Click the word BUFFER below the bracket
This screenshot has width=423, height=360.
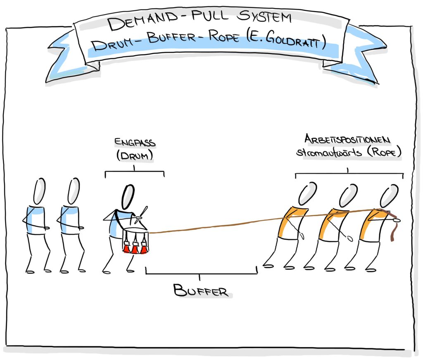(201, 290)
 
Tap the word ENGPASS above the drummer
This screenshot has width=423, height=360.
(135, 143)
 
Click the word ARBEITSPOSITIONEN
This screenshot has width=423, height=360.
(347, 140)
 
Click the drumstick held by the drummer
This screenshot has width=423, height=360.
(142, 212)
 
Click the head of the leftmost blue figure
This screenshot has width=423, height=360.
(39, 191)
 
